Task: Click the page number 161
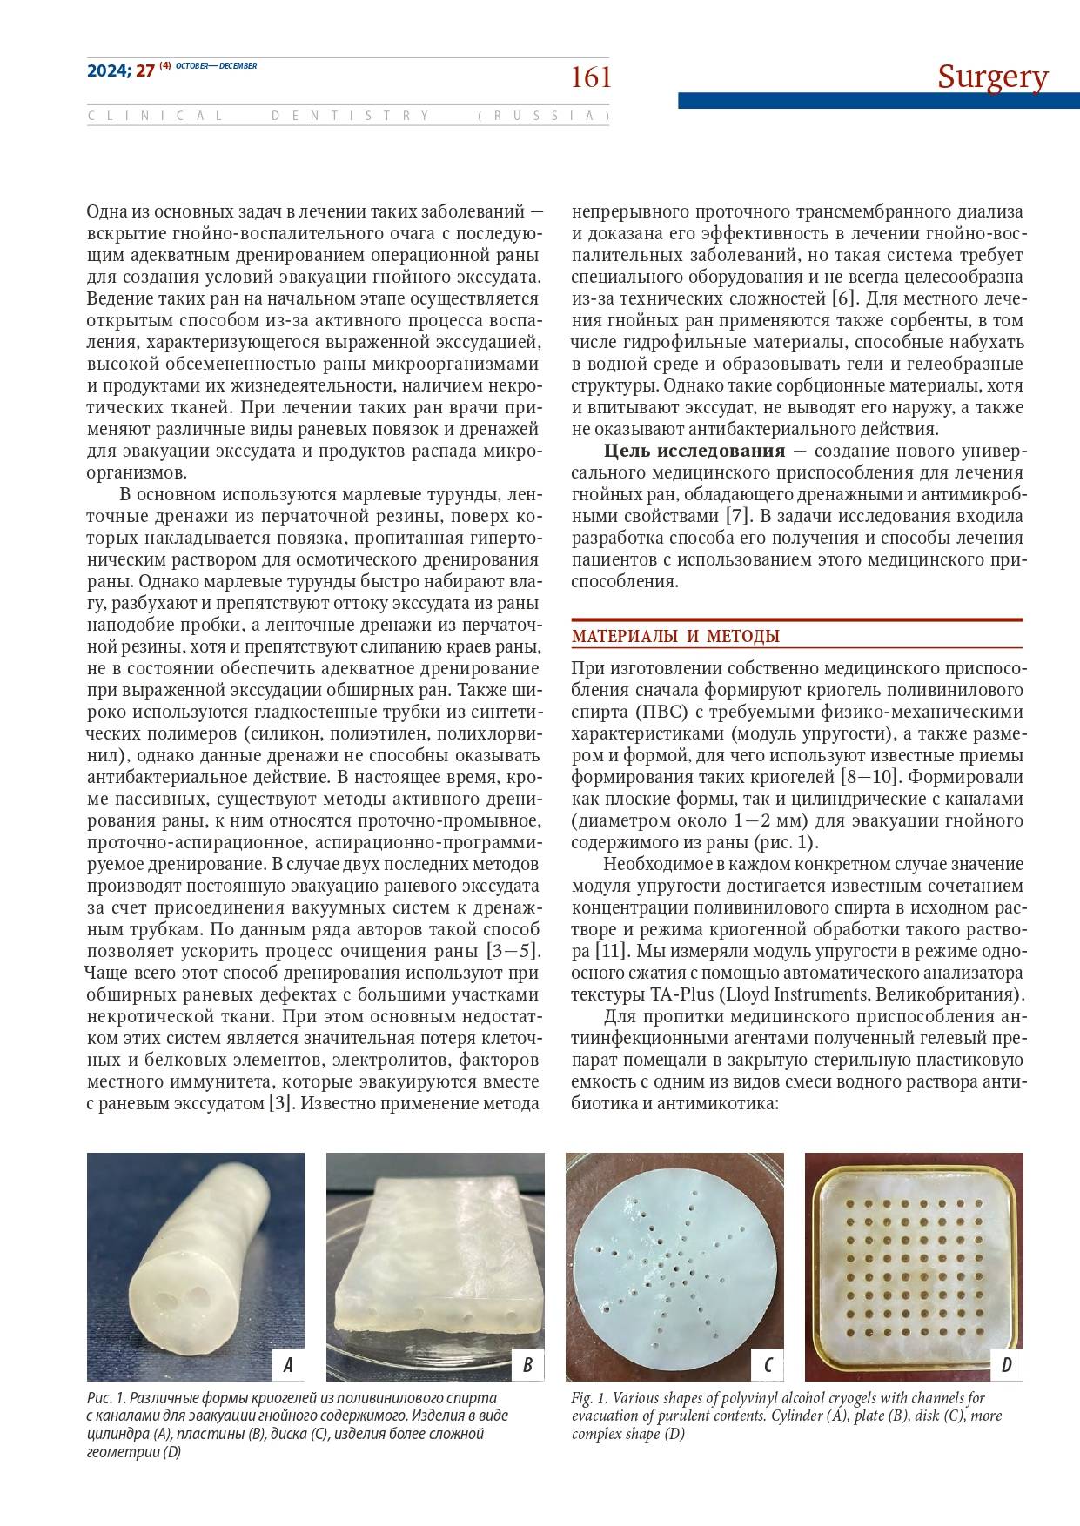[591, 78]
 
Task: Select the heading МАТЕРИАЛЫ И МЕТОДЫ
[675, 636]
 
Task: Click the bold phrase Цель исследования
[694, 451]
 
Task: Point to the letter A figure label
[288, 1364]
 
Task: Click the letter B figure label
[527, 1364]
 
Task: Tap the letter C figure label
[767, 1364]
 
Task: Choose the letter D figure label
[1006, 1364]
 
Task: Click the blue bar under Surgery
[878, 101]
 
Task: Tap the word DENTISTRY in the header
[351, 116]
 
